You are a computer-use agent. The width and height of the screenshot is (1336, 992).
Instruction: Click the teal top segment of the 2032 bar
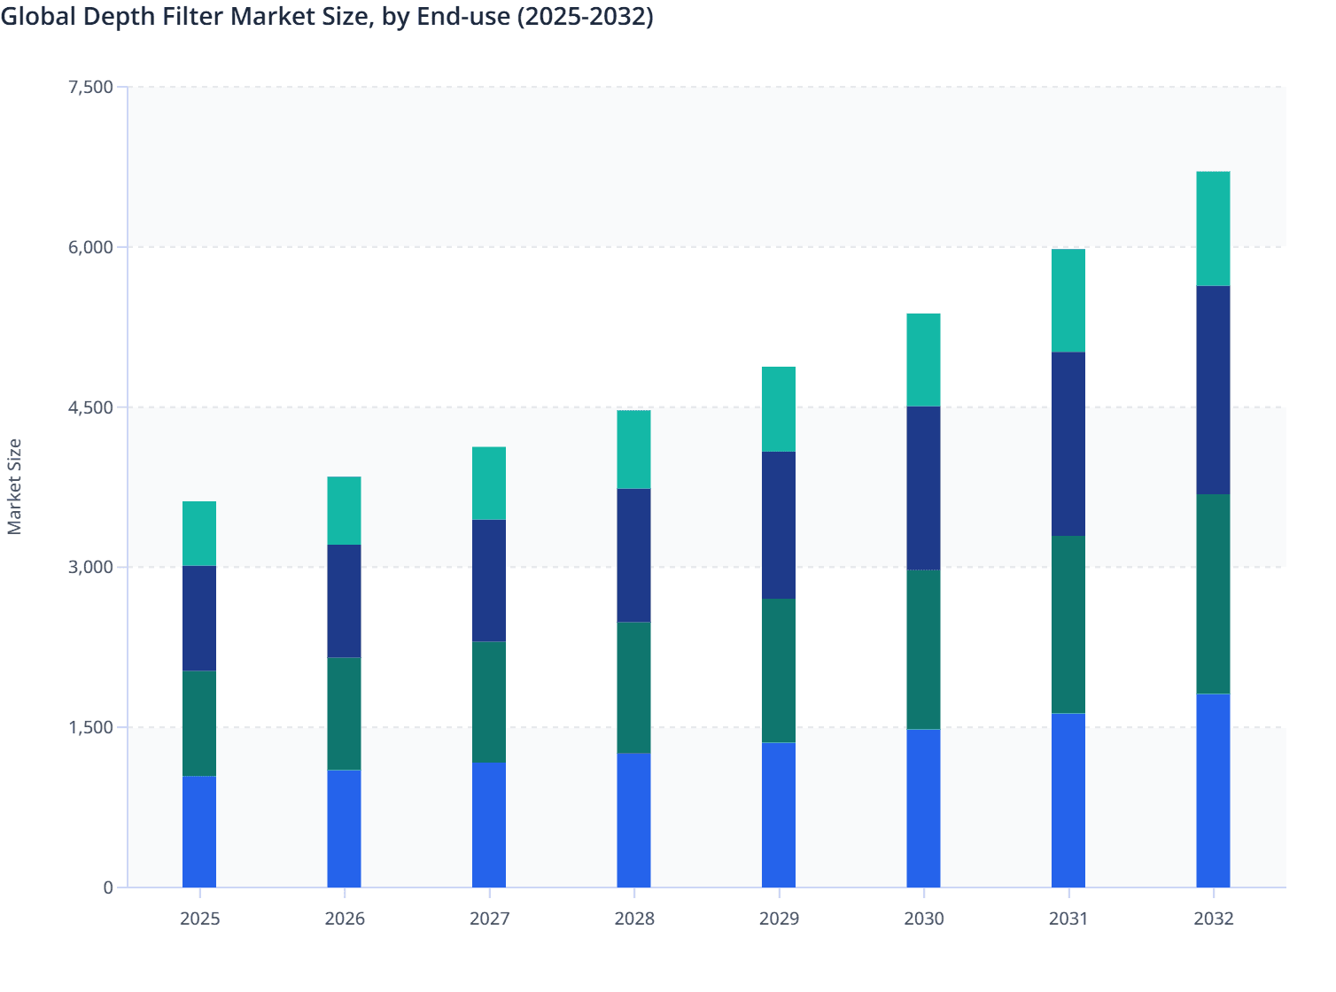point(1213,229)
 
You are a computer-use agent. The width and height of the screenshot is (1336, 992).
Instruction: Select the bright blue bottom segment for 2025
point(199,831)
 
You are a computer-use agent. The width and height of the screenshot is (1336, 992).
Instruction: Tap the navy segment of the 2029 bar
point(779,525)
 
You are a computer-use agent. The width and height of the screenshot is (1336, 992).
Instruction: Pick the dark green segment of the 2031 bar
point(1068,624)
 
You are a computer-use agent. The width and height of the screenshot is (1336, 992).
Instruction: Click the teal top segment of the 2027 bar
point(489,483)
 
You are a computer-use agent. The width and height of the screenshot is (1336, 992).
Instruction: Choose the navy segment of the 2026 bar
point(344,601)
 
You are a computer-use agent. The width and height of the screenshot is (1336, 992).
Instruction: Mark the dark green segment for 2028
point(633,687)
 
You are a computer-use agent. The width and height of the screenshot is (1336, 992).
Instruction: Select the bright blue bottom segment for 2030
point(923,808)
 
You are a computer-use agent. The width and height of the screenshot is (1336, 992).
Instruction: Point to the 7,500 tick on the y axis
point(90,87)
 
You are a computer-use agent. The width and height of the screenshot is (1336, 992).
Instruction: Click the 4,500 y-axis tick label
point(90,407)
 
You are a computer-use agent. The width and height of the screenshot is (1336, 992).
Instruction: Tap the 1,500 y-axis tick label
point(90,727)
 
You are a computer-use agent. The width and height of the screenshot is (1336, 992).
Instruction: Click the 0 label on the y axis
point(108,887)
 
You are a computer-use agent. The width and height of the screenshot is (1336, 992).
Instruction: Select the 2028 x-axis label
point(634,918)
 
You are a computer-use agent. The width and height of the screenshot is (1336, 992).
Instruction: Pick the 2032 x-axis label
point(1213,918)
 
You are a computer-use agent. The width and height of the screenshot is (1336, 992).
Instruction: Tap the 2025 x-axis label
point(199,918)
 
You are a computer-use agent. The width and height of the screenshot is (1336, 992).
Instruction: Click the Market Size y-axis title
point(14,486)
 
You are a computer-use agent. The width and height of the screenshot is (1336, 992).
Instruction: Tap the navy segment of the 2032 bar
point(1213,390)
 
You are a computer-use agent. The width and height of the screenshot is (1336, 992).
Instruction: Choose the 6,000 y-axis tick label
point(90,247)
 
